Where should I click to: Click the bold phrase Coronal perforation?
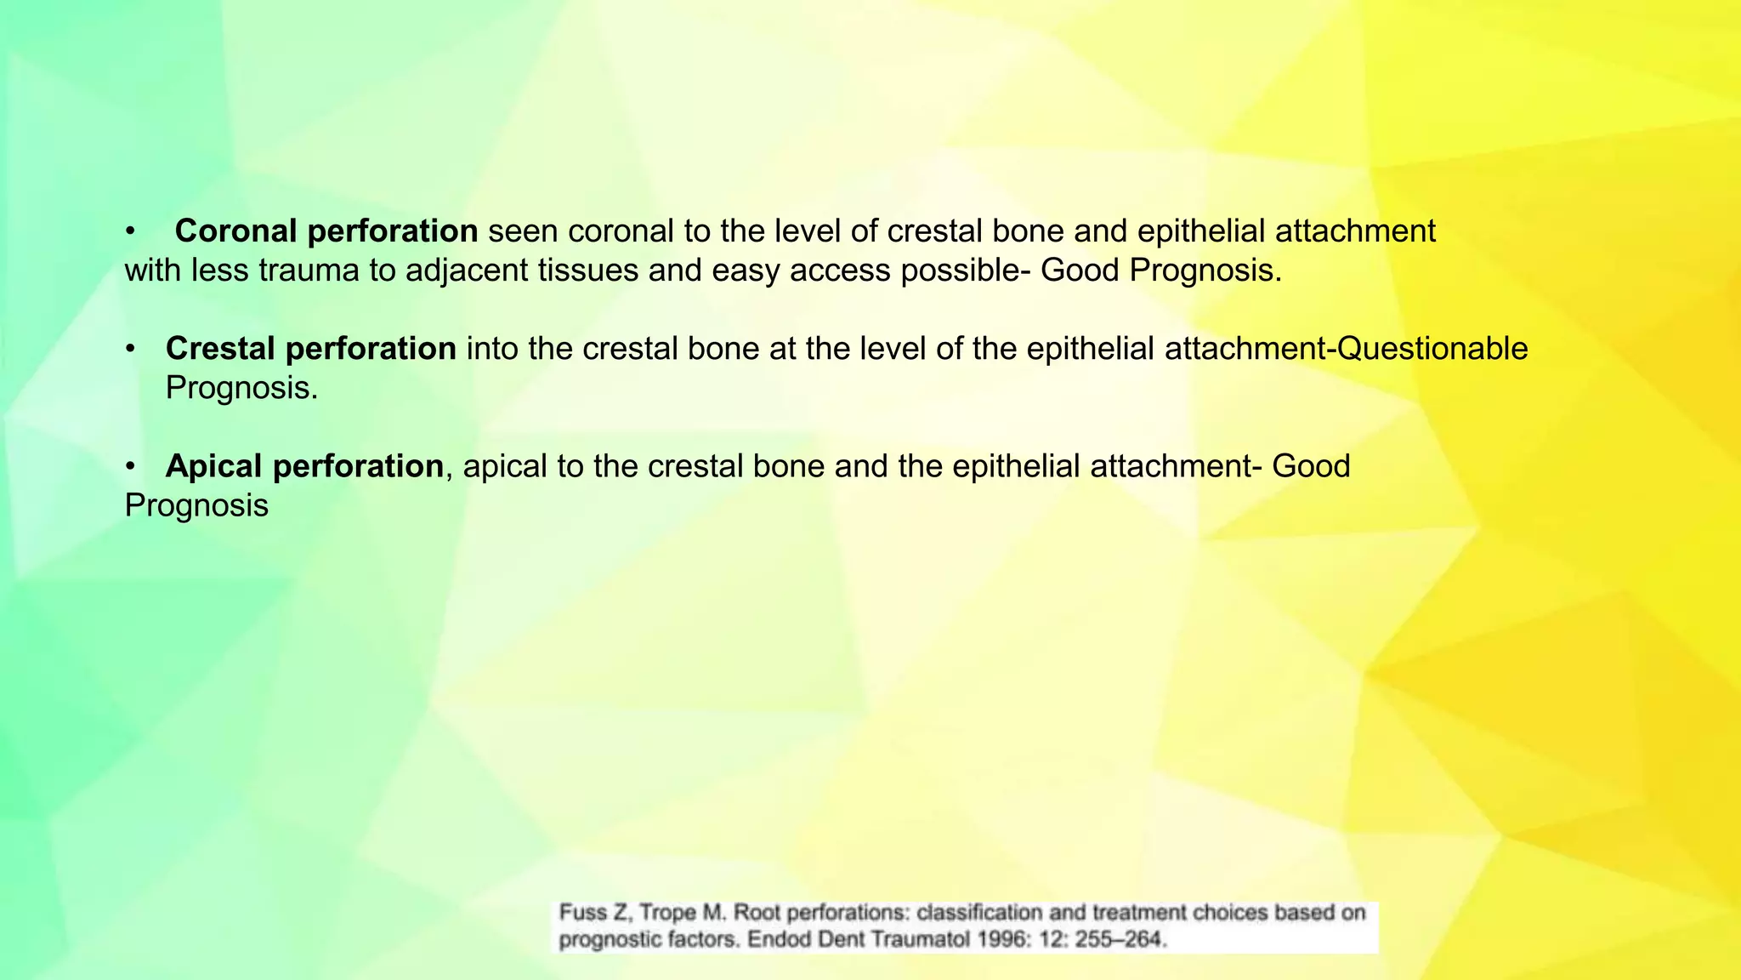coord(326,231)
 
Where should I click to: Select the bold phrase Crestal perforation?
coord(311,349)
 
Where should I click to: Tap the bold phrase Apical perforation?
coord(304,466)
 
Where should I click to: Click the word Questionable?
coord(1432,349)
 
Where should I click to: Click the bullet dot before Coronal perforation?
coord(130,231)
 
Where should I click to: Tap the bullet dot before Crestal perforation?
coord(130,349)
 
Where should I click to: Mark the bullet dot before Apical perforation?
coord(130,466)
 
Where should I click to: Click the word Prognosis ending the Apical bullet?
coord(196,505)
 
